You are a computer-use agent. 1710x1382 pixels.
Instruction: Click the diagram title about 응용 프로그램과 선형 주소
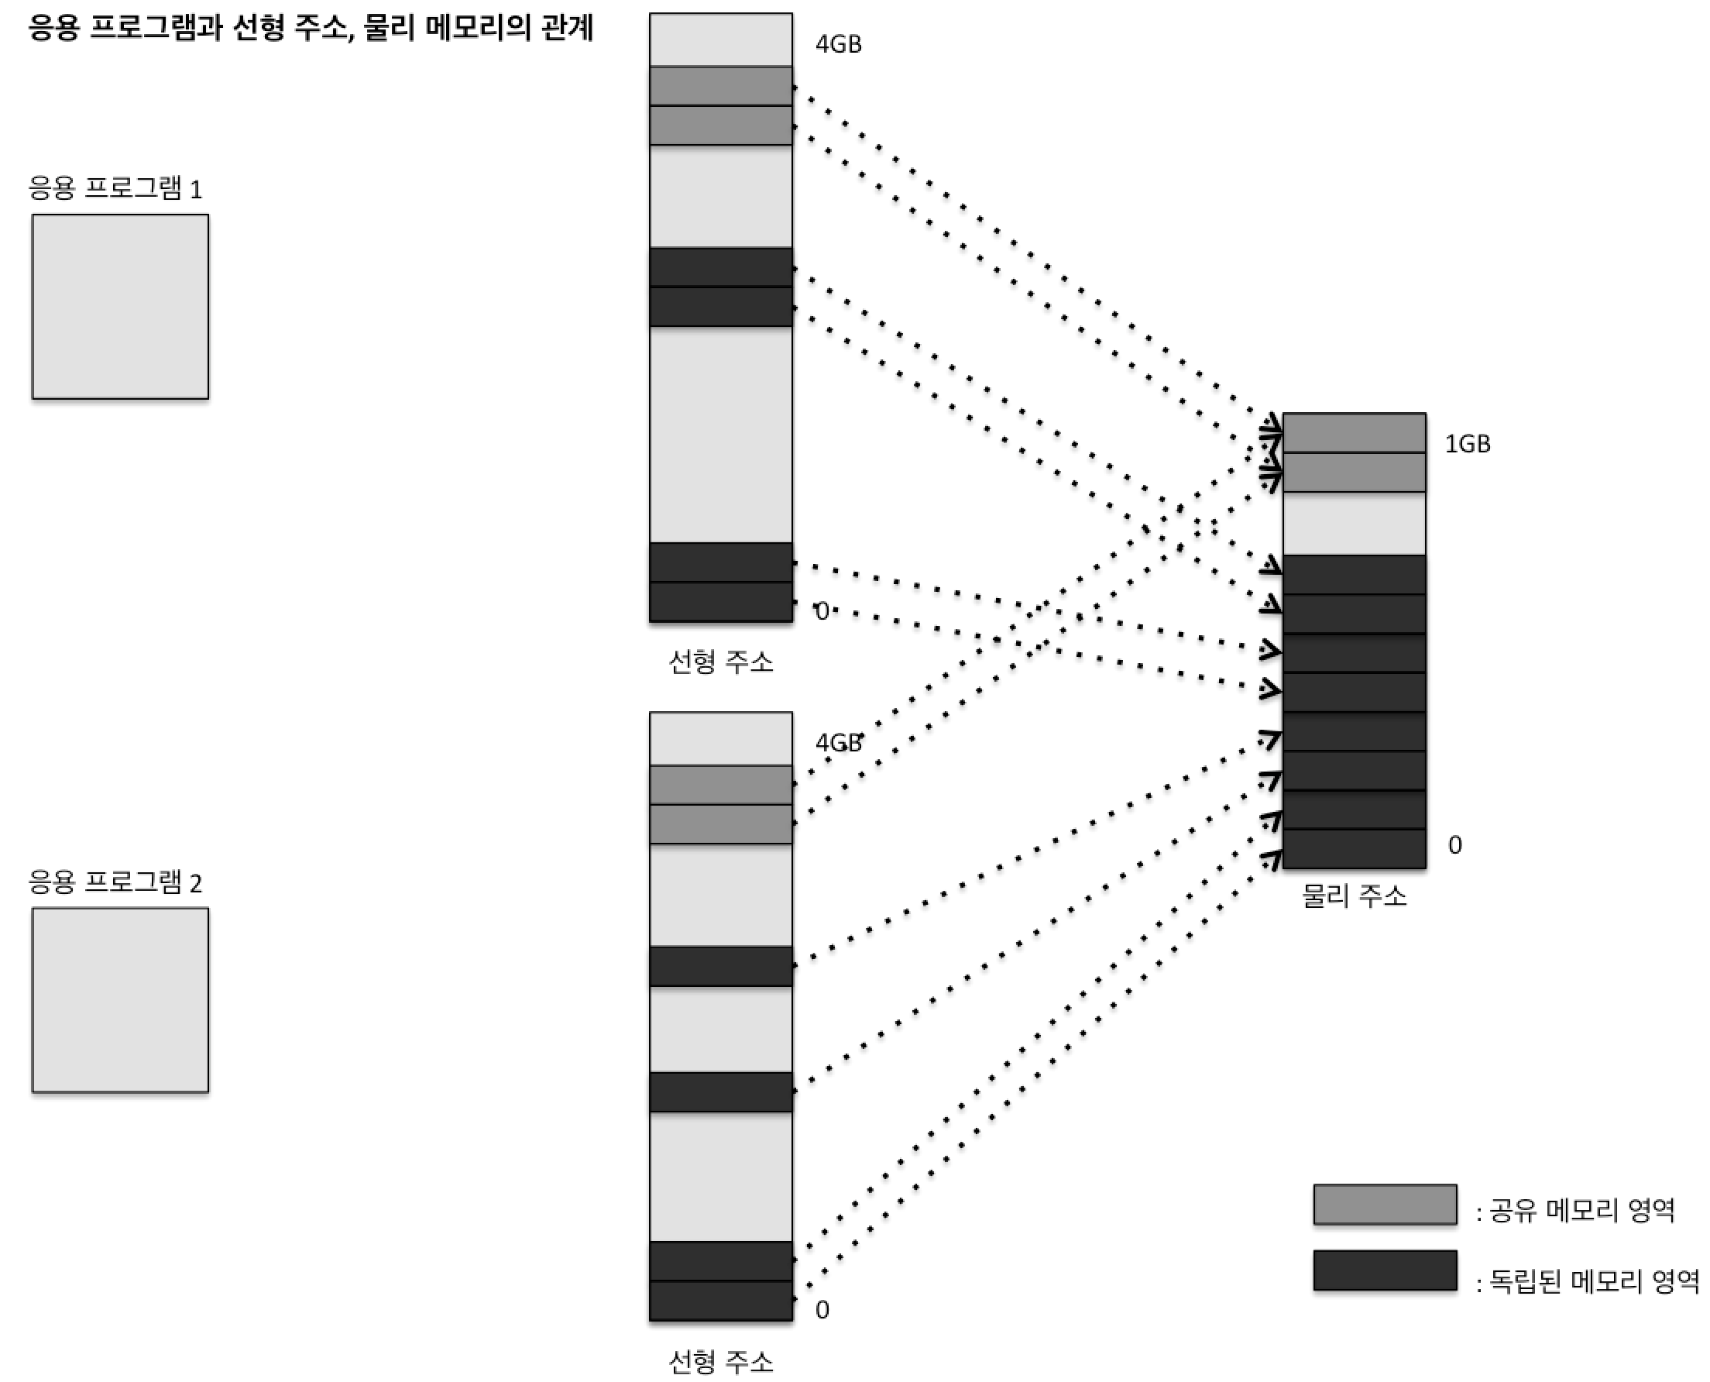(311, 29)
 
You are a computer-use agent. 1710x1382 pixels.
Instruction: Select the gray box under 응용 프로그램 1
(120, 307)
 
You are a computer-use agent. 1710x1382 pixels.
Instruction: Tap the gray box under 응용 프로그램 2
(120, 1000)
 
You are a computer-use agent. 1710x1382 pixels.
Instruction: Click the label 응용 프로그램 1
(115, 189)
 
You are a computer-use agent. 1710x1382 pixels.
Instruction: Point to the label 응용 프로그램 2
(115, 882)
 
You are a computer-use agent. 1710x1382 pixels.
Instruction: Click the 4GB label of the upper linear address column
(838, 45)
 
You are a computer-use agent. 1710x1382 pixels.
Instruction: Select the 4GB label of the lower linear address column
(838, 743)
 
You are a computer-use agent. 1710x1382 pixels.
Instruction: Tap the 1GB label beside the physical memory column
(1467, 444)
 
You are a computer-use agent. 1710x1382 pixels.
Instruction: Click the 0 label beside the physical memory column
(1454, 845)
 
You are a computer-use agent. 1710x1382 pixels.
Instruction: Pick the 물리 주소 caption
(1354, 897)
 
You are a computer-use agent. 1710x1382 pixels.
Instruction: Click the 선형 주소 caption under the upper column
(720, 662)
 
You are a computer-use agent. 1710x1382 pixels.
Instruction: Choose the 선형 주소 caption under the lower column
(720, 1362)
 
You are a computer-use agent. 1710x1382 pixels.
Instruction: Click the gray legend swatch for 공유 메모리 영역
(1385, 1205)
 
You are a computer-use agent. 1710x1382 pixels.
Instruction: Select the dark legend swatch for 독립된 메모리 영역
(1385, 1270)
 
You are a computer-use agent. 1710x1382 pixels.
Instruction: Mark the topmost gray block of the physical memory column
(1354, 433)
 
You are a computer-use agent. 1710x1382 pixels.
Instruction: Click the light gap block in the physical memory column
(1354, 524)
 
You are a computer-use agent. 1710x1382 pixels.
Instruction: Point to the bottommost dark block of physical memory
(1354, 848)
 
